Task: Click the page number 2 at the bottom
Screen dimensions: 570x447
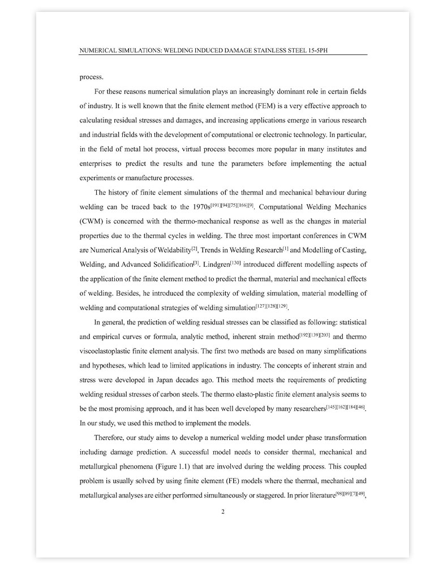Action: pos(223,512)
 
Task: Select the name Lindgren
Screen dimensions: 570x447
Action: pos(215,264)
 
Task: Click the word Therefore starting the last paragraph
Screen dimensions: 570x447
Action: pos(111,439)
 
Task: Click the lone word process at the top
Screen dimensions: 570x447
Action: pos(91,76)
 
